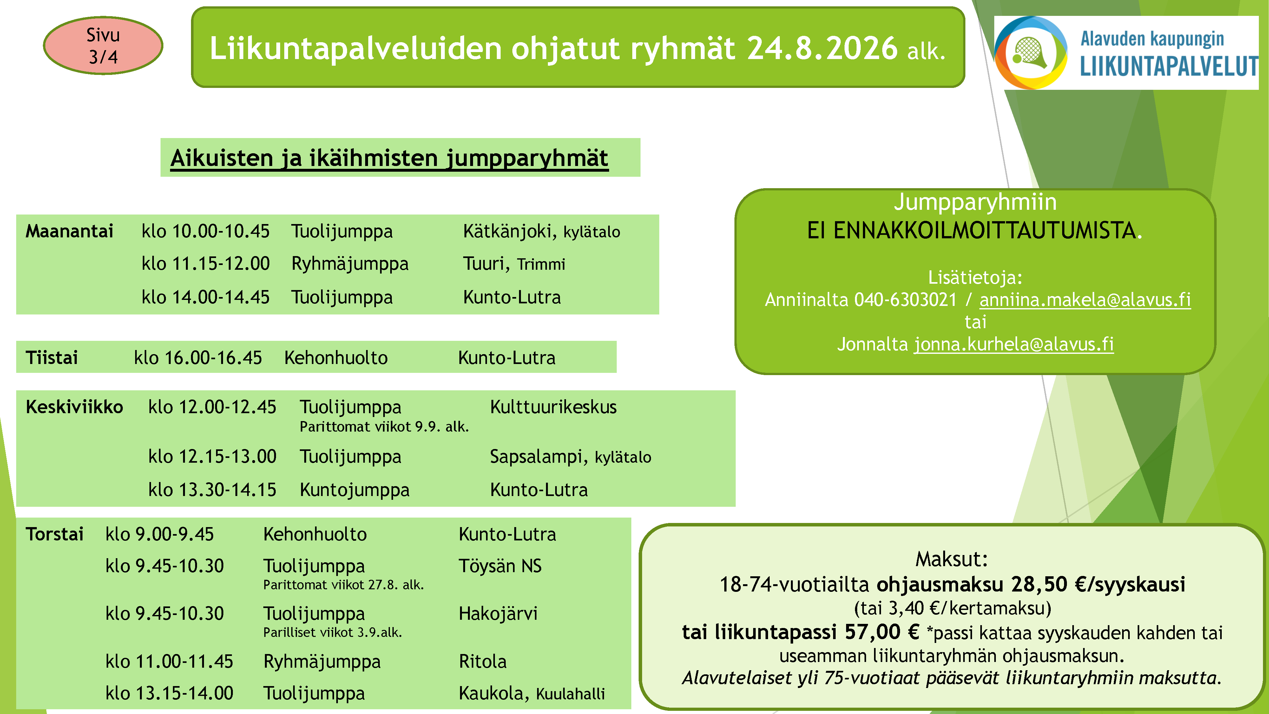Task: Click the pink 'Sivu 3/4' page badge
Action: pyautogui.click(x=103, y=45)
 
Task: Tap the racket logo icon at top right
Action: pyautogui.click(x=1030, y=53)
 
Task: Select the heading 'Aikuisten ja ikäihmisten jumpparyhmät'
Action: pyautogui.click(x=389, y=158)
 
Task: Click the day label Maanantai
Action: pyautogui.click(x=69, y=231)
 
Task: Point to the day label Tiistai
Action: pyautogui.click(x=52, y=357)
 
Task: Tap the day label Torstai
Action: pyautogui.click(x=55, y=534)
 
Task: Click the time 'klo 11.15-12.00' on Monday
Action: pyautogui.click(x=206, y=264)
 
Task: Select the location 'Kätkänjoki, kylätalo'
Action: pyautogui.click(x=542, y=231)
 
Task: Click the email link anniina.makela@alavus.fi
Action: pyautogui.click(x=1085, y=300)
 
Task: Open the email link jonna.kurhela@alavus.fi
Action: pyautogui.click(x=1014, y=344)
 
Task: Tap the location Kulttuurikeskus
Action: pyautogui.click(x=553, y=407)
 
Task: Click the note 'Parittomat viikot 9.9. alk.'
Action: pyautogui.click(x=384, y=427)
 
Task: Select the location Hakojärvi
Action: pyautogui.click(x=498, y=613)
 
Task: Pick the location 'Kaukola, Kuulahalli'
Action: pyautogui.click(x=531, y=693)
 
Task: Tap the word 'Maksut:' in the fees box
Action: pyautogui.click(x=951, y=559)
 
